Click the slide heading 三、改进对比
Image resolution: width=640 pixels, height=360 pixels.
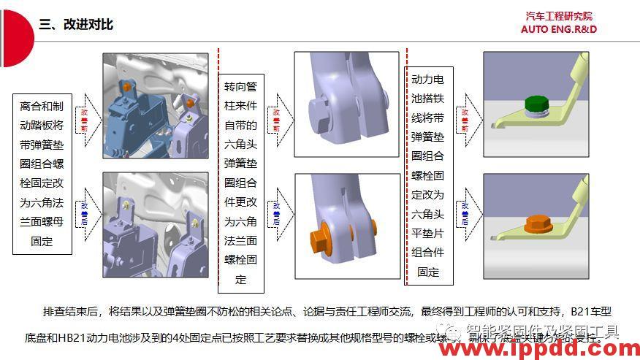pyautogui.click(x=76, y=24)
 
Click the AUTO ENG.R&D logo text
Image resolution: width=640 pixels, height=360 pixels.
pyautogui.click(x=559, y=29)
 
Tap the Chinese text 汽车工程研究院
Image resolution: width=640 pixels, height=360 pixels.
pyautogui.click(x=559, y=16)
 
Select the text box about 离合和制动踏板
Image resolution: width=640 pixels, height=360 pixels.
pyautogui.click(x=42, y=173)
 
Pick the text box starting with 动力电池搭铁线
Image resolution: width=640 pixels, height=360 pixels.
pyautogui.click(x=428, y=175)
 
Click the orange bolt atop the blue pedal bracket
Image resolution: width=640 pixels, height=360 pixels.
pyautogui.click(x=126, y=86)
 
